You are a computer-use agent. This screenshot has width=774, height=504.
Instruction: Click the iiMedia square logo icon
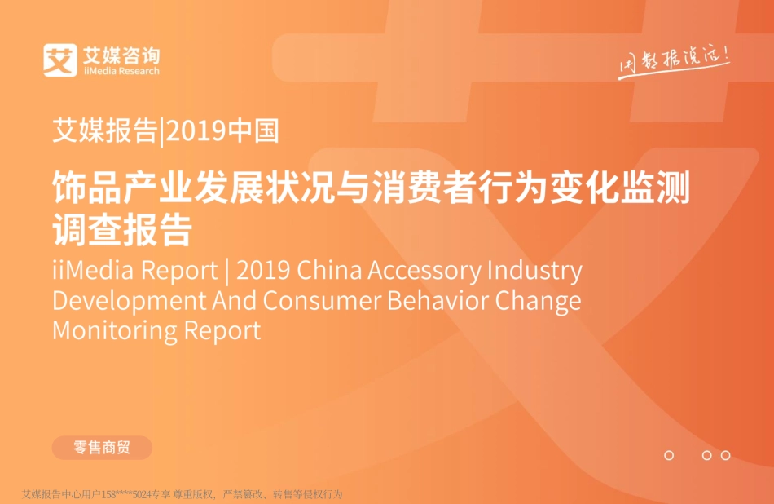(x=59, y=60)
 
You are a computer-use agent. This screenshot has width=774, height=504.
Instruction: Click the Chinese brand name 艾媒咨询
(x=121, y=55)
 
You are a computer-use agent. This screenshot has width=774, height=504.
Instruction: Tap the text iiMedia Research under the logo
(x=121, y=71)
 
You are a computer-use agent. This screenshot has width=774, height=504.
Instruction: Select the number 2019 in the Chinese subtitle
(x=200, y=131)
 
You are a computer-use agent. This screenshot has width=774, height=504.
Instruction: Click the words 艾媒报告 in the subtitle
(x=103, y=131)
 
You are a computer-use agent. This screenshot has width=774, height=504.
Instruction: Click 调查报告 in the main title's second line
(x=121, y=230)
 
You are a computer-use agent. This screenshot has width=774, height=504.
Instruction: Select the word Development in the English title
(x=130, y=300)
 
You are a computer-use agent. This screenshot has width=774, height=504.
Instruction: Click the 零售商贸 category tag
(x=102, y=447)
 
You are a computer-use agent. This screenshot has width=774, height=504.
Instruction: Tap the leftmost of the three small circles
(x=669, y=455)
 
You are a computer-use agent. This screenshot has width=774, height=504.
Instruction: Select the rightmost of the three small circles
(x=725, y=455)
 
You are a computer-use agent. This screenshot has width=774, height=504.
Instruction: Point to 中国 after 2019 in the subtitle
(x=255, y=131)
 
